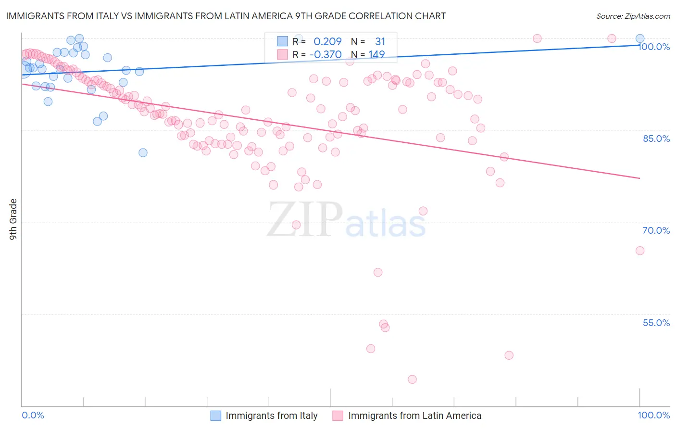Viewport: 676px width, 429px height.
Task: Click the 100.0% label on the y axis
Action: (x=654, y=47)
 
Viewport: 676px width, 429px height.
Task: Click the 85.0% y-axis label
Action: (x=656, y=139)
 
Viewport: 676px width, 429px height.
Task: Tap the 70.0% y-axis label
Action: (x=656, y=230)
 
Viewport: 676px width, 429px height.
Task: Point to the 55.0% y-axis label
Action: (x=656, y=323)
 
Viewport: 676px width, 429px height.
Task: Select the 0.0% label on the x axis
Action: (x=33, y=415)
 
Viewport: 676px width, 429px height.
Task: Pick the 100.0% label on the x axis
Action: (x=654, y=415)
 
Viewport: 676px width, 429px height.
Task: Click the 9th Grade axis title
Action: (x=13, y=219)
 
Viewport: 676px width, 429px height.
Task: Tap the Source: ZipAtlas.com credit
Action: (x=633, y=16)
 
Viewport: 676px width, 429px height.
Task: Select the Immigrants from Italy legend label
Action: (x=272, y=416)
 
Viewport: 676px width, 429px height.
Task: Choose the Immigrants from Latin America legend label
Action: (x=414, y=416)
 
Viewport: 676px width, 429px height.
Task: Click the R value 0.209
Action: (x=327, y=42)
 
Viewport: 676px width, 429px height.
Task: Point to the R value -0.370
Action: (x=325, y=54)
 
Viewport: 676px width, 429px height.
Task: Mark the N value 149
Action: (x=376, y=54)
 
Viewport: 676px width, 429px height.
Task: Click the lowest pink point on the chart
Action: (x=412, y=379)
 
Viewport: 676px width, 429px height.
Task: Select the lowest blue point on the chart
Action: (x=143, y=153)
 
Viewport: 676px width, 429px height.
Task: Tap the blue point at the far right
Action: (x=640, y=39)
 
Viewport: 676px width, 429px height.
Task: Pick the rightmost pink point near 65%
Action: (x=640, y=251)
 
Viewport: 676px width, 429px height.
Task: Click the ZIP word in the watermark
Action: (x=305, y=219)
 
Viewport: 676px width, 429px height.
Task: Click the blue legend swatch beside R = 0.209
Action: (x=282, y=42)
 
